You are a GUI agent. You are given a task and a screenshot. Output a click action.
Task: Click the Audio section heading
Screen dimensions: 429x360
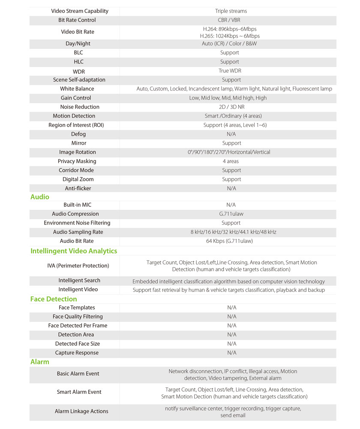(x=40, y=197)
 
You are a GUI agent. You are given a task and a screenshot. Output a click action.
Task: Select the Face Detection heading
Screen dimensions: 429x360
(x=54, y=299)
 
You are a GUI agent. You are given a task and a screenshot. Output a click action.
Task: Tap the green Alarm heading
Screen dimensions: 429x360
(x=40, y=362)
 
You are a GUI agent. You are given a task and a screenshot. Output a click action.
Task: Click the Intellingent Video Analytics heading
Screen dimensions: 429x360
(x=74, y=251)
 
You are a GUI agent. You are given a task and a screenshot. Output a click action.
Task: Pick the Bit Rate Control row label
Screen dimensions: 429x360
(x=77, y=20)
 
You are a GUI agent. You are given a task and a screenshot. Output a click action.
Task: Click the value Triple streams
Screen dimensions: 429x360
(x=231, y=11)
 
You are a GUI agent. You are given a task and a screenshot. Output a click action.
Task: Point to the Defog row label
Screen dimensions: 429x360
(x=78, y=134)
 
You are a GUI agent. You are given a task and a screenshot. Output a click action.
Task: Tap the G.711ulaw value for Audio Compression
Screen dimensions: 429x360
(x=231, y=214)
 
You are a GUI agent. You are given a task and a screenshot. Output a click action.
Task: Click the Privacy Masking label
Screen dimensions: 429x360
(x=77, y=161)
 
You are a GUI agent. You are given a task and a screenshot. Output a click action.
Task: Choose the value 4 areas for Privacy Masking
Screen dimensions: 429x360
(x=231, y=161)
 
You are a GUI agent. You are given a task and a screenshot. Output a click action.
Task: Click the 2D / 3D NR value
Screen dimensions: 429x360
(x=231, y=107)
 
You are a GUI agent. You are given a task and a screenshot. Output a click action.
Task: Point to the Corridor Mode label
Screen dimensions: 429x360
(x=76, y=170)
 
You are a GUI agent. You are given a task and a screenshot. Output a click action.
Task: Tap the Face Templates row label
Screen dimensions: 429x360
(x=77, y=308)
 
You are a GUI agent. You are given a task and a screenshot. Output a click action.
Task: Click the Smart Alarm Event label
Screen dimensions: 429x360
(x=79, y=392)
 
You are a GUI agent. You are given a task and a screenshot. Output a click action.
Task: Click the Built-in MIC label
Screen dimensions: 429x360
(x=78, y=205)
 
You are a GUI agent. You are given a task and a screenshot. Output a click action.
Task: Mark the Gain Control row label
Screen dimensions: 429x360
(x=76, y=98)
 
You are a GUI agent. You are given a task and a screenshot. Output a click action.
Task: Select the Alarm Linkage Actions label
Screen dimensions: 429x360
(x=81, y=411)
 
